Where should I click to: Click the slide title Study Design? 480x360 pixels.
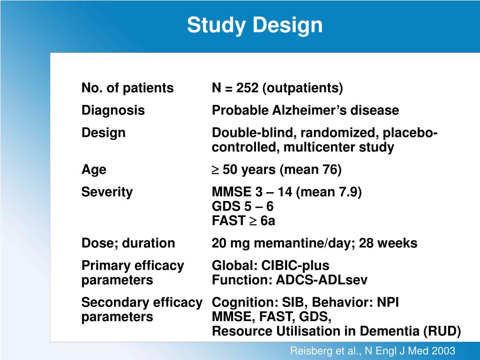pos(255,25)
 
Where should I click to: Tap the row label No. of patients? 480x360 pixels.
pos(127,88)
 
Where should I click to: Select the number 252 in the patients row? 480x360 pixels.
pos(247,88)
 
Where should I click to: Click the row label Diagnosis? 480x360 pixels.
pos(113,111)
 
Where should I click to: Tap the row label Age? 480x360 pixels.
pos(94,170)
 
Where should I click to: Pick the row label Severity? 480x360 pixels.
pos(107,192)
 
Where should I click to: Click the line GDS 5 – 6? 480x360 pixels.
pos(242,206)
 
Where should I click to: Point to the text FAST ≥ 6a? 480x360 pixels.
pos(243,221)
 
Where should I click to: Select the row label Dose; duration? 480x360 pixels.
pos(128,243)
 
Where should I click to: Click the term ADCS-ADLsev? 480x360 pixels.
pos(322,280)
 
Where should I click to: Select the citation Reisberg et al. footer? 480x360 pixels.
pos(373,351)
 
